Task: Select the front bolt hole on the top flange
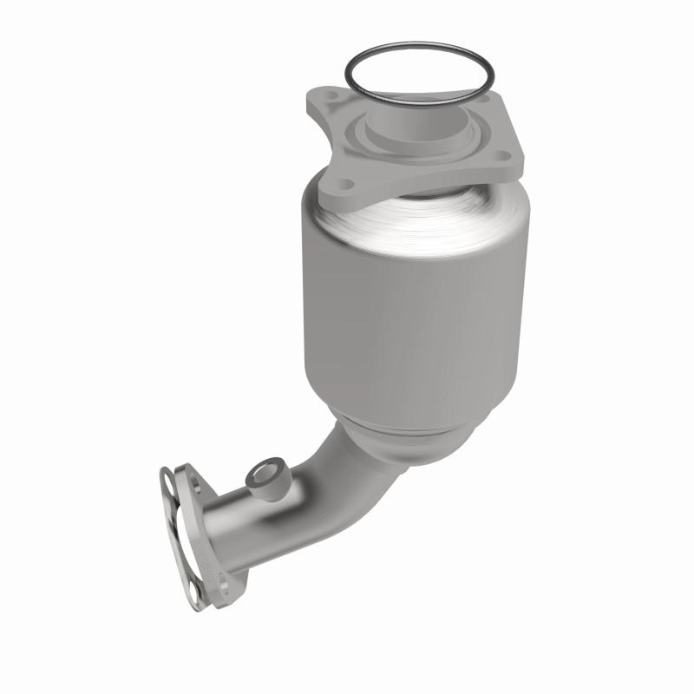click(x=346, y=184)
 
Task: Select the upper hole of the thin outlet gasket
click(x=167, y=475)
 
